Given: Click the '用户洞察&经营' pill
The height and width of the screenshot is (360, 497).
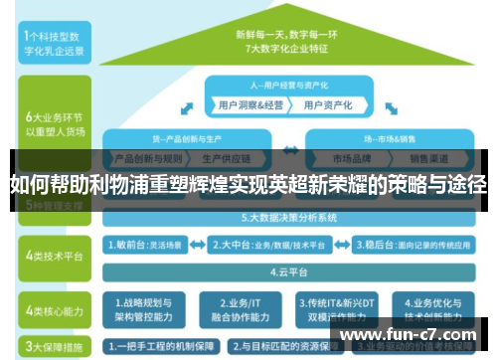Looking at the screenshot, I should [x=249, y=103].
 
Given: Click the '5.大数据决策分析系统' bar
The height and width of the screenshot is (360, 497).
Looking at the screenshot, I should [x=287, y=216].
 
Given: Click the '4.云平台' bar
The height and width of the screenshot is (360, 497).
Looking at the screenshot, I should [x=287, y=270].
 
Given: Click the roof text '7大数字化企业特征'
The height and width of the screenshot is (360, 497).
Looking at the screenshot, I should [x=287, y=46].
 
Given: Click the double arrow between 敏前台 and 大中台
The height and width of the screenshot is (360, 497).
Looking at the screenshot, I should [x=200, y=243].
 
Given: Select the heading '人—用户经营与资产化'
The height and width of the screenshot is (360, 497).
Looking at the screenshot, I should [x=287, y=85].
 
